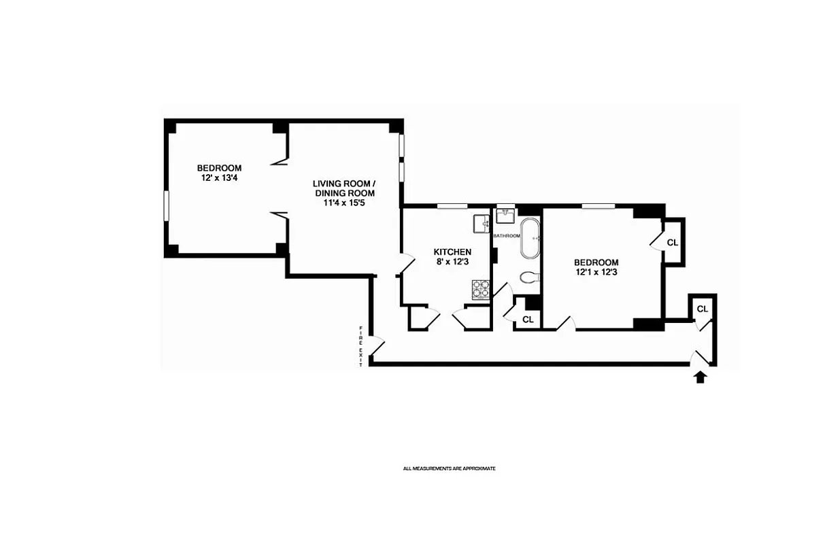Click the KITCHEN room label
point(452,252)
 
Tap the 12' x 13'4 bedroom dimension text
point(219,179)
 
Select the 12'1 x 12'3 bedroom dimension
point(596,273)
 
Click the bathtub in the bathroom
point(531,239)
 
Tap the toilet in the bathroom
point(529,277)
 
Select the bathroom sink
point(506,216)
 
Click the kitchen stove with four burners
point(481,290)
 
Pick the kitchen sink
point(481,222)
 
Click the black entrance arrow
point(700,377)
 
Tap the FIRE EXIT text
point(362,347)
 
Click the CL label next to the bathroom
point(528,319)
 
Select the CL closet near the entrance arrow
point(703,309)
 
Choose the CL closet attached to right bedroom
point(673,242)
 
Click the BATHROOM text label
point(507,235)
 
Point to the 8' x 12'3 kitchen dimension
point(452,262)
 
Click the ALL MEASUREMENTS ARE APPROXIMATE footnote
point(449,469)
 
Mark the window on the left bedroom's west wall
point(167,210)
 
